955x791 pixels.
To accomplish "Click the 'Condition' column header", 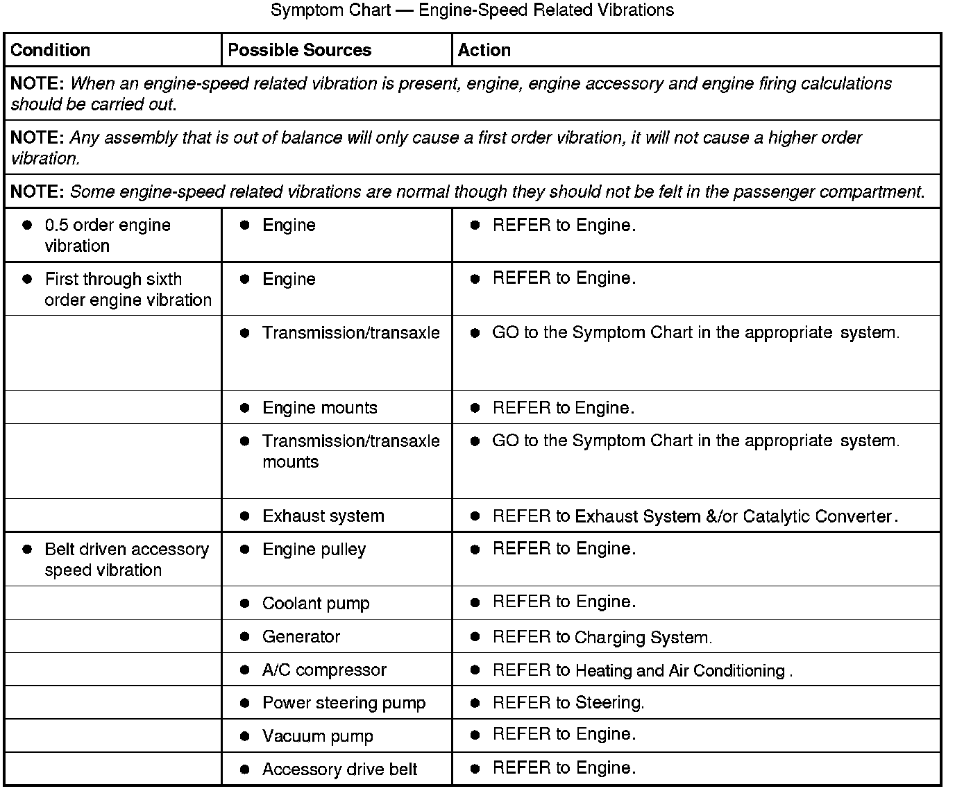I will (x=51, y=50).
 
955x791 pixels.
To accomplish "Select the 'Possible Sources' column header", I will (x=299, y=50).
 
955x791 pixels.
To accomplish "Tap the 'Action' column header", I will (x=484, y=50).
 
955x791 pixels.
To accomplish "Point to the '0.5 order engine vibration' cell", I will (x=107, y=235).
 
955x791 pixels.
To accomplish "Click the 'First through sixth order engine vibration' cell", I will (x=128, y=289).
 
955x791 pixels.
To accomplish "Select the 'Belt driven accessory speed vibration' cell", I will (x=126, y=559).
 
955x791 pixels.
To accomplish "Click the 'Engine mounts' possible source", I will (x=319, y=407).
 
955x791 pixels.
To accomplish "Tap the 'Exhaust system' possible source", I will (x=323, y=516).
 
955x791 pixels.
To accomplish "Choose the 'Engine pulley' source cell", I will (x=314, y=549).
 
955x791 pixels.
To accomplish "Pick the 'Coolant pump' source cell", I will (x=316, y=603).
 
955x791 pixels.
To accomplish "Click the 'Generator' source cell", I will (x=301, y=636).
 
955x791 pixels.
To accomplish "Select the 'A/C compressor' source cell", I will (x=324, y=670).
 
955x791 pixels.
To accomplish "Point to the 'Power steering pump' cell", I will (x=344, y=703).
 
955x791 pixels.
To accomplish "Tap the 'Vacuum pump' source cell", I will (x=317, y=736).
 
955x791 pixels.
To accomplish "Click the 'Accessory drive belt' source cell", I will (x=339, y=769).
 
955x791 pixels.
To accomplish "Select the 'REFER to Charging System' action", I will (x=602, y=637).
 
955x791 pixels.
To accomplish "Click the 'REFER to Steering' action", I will (x=568, y=703).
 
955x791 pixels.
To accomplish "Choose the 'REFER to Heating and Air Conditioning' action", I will (x=642, y=670).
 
